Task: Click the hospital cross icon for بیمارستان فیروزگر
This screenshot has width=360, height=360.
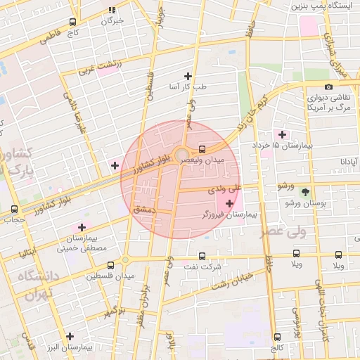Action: point(229,203)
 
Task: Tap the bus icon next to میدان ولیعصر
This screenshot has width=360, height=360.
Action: point(202,149)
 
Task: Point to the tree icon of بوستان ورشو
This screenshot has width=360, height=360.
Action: point(304,191)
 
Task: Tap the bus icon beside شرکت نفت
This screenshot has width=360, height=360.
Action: point(202,256)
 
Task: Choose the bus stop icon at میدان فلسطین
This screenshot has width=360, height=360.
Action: point(110,265)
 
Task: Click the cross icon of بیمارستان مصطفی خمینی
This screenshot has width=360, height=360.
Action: point(82,227)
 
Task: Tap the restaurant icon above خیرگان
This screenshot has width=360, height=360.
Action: point(112,10)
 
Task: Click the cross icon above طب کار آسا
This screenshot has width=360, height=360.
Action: point(188,76)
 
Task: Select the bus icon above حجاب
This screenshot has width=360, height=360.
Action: point(15,209)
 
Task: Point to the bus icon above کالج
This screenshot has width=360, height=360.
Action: point(277,337)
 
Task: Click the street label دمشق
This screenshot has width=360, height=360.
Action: point(143,210)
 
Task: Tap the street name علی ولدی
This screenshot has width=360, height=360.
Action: point(224,189)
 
